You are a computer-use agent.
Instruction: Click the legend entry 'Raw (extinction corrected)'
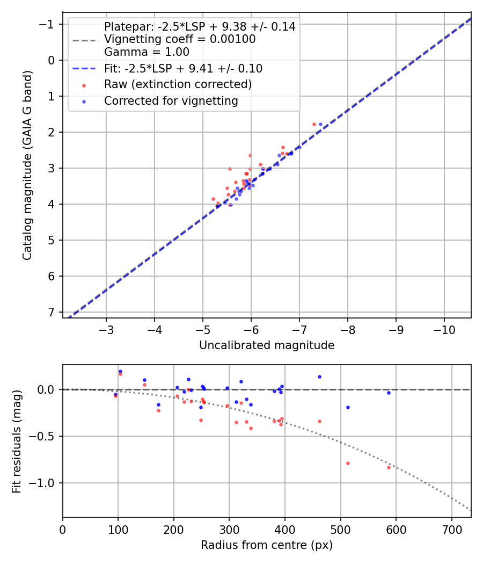tap(178, 84)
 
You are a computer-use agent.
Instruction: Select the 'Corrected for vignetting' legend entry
tap(170, 100)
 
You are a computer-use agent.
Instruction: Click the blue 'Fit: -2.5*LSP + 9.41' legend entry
tap(183, 68)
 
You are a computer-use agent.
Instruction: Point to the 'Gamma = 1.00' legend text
tap(147, 52)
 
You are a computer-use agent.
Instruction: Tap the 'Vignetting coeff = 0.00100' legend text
tap(180, 39)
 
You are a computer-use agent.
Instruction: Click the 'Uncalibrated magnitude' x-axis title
tap(267, 345)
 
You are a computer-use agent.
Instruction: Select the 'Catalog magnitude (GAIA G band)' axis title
tap(27, 165)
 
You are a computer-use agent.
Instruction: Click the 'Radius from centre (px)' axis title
tap(267, 545)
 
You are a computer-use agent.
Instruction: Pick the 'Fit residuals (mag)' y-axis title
tap(17, 441)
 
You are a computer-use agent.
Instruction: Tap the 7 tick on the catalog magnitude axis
tap(52, 312)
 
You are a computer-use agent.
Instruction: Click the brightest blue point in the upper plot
tap(320, 124)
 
